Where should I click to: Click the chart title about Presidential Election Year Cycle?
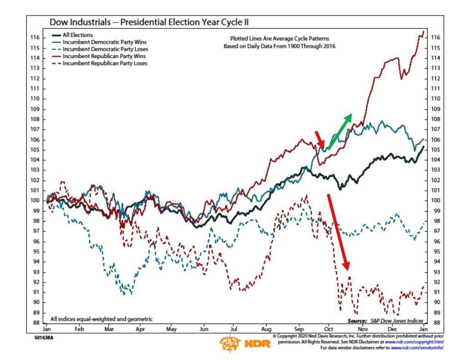(149, 22)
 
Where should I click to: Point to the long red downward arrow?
(339, 232)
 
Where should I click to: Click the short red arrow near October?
(320, 139)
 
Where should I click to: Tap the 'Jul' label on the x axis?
(233, 329)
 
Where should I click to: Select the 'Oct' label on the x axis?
(329, 329)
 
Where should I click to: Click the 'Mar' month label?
(109, 329)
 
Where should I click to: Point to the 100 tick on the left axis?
(35, 200)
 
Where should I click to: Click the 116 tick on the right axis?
(436, 37)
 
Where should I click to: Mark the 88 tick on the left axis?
(36, 323)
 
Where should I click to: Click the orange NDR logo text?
(257, 344)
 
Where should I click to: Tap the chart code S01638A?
(44, 338)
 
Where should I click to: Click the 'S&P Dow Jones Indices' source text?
(396, 321)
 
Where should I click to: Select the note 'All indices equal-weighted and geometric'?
(101, 319)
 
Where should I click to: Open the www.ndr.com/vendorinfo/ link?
(417, 348)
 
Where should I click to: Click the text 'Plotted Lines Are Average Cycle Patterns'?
(279, 39)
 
